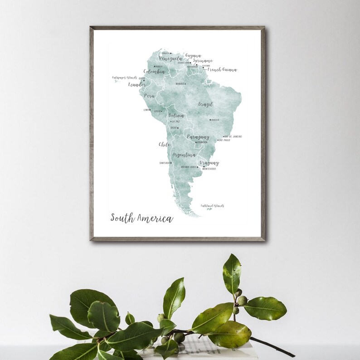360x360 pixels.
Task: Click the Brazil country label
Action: tap(205, 104)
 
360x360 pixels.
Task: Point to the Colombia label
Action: tap(154, 71)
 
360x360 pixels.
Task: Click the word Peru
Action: tap(149, 96)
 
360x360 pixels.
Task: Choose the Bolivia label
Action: tap(176, 116)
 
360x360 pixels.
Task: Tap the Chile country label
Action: tap(164, 144)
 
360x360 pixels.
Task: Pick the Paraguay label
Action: tap(198, 136)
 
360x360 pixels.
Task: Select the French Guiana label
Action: tap(222, 70)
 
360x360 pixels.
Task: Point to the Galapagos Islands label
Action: tap(125, 78)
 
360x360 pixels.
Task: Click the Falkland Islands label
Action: tap(212, 206)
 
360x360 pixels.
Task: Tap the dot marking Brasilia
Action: tap(210, 120)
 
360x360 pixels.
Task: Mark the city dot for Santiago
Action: tap(171, 163)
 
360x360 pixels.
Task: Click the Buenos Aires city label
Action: tap(189, 167)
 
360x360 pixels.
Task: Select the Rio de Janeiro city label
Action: tap(233, 136)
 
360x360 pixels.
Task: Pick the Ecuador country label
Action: tap(137, 84)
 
